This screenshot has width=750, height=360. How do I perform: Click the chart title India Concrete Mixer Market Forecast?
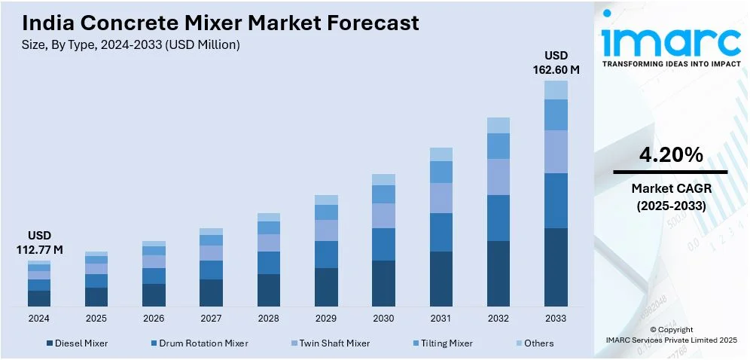pos(221,23)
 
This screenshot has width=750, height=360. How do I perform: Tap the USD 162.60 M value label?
pos(556,63)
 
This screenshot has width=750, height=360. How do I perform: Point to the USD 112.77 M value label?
pos(39,243)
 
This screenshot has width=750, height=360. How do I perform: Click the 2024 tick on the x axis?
pos(39,318)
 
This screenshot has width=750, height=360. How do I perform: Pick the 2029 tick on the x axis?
pos(326,318)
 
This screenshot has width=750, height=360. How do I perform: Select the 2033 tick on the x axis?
pos(556,318)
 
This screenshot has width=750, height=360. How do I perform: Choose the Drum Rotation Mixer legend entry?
pos(198,343)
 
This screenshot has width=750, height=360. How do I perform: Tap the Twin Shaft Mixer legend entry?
pos(331,343)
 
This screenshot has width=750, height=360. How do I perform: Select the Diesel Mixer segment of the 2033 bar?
pos(556,267)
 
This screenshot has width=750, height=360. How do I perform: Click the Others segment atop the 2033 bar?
pos(556,90)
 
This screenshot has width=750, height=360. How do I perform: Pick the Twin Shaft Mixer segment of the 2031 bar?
pos(441,197)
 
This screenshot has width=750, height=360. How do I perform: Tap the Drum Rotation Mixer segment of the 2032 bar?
pos(498,218)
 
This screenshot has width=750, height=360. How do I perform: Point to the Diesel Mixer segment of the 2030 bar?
pos(383,283)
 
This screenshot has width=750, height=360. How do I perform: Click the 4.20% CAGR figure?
pos(671,155)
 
